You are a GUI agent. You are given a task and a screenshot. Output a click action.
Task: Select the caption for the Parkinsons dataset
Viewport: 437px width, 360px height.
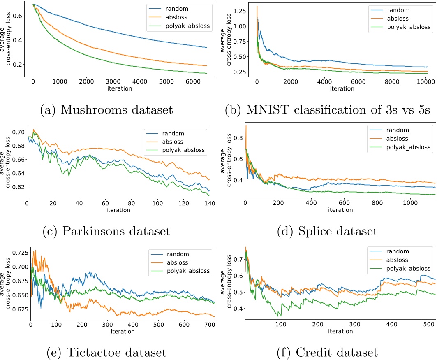coord(106,231)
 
